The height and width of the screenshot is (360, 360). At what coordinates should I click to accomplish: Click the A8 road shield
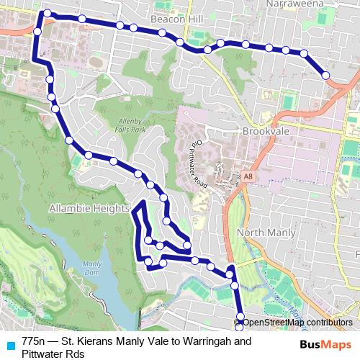tap(248, 175)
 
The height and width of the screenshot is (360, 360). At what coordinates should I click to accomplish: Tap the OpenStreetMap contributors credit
tap(297, 322)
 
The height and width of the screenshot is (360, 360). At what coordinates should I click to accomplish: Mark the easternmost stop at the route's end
tap(325, 75)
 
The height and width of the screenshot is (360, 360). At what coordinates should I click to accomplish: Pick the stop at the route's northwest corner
tap(48, 14)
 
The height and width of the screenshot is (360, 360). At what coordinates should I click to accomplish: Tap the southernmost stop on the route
tap(240, 321)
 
